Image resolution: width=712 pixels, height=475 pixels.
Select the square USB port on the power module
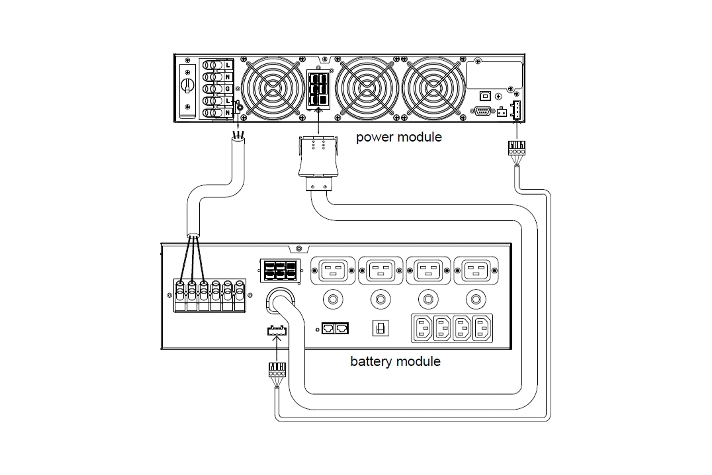pyautogui.click(x=485, y=96)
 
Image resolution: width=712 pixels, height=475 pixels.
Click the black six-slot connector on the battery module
pyautogui.click(x=280, y=271)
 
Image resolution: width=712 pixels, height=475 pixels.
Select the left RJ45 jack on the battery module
pyautogui.click(x=328, y=328)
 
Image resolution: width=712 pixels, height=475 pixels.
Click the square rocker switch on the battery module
pyautogui.click(x=380, y=328)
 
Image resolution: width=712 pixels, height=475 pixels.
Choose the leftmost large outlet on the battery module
pyautogui.click(x=333, y=271)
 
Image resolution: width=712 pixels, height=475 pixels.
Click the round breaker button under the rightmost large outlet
pyautogui.click(x=476, y=299)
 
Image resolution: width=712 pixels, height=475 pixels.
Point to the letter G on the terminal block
pyautogui.click(x=228, y=89)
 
